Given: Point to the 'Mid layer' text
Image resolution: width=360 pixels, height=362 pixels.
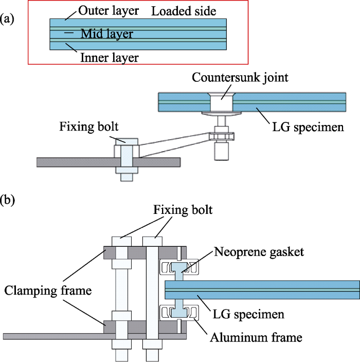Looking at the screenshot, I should (x=107, y=34).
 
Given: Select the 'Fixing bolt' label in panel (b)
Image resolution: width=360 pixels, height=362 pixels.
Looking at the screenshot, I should (x=182, y=210).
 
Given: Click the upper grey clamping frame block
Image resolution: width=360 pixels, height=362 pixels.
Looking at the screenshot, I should (x=118, y=253).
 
